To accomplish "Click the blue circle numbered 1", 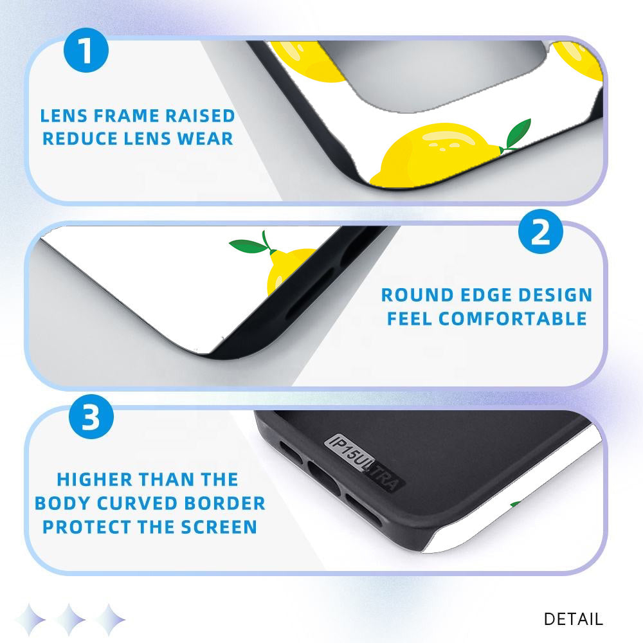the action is point(86,50).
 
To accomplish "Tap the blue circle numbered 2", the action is point(541,231).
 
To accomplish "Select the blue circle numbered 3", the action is point(91,417).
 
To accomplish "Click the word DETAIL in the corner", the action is point(573,619).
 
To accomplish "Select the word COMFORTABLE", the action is point(512,319).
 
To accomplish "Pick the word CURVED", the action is point(136,503).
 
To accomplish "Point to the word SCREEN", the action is point(219,527).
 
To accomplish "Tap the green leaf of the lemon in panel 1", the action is point(518,133).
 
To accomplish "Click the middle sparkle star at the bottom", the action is point(70,619).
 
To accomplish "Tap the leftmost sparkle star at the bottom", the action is point(30,619).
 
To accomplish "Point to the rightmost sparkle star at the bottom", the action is point(109,619).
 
